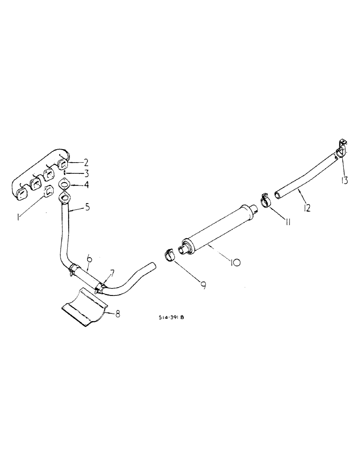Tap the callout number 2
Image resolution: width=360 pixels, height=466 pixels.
(86, 163)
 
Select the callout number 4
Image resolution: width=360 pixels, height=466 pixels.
(86, 185)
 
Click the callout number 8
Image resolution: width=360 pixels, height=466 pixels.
(118, 315)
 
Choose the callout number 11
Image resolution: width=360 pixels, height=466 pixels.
(288, 222)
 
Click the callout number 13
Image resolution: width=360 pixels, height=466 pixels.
(344, 180)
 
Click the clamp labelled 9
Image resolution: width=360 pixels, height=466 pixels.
(168, 255)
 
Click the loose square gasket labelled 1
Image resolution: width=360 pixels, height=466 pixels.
(48, 191)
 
